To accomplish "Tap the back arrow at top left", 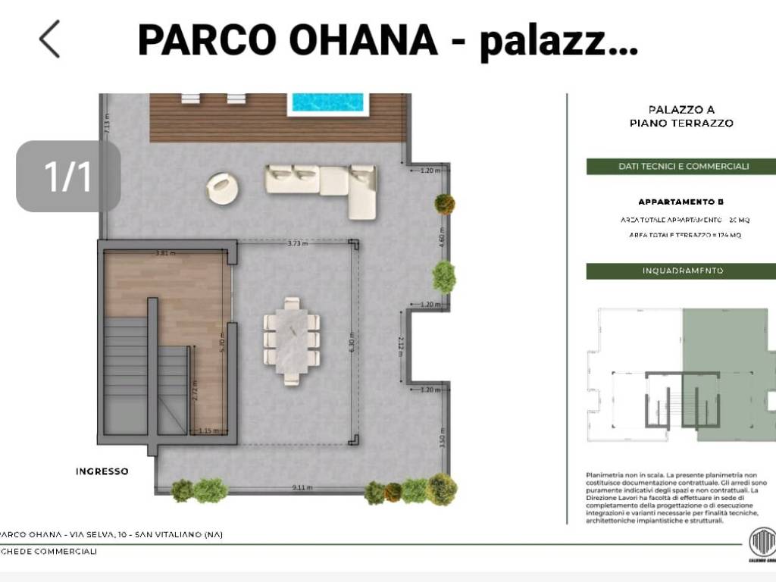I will pos(50,39).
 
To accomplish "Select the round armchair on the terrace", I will pos(221,189).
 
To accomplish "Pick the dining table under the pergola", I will pos(292,340).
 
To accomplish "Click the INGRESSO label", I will pos(102,471).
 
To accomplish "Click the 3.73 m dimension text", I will pos(298,243).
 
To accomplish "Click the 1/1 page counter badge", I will pos(68,176).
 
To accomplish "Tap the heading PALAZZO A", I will pos(681,110).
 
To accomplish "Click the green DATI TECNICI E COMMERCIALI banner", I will pos(681,166).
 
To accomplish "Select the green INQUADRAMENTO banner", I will pos(681,271).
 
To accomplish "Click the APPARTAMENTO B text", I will pos(681,202).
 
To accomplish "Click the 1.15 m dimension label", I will pos(203,430).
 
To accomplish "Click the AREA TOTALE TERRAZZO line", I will pos(684,236).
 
